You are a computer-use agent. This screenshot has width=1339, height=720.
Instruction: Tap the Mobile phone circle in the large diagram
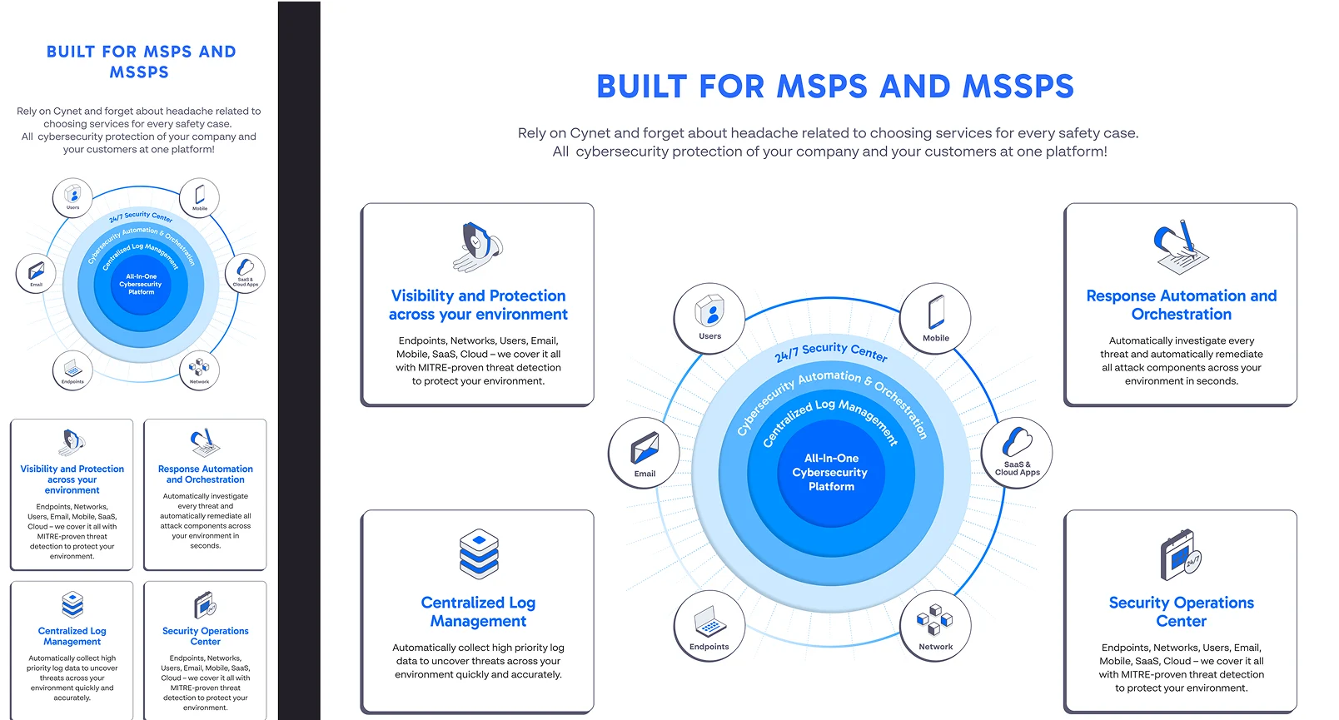click(936, 318)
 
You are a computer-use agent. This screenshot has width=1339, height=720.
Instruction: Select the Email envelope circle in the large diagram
click(644, 453)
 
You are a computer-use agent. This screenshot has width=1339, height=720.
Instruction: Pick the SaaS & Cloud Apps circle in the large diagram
click(1017, 453)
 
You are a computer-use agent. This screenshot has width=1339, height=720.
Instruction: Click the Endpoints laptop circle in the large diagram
click(709, 627)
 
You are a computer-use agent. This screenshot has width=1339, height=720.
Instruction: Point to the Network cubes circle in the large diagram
click(935, 626)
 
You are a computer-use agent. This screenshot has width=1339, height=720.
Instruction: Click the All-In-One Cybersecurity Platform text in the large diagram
click(830, 472)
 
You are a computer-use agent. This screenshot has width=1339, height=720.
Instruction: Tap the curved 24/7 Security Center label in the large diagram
click(830, 352)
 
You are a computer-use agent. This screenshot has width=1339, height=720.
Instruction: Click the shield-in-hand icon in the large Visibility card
click(478, 247)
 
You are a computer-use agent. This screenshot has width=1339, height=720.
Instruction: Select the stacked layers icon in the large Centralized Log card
click(479, 554)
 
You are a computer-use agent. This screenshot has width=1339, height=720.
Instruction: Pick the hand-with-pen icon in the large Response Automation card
click(1180, 247)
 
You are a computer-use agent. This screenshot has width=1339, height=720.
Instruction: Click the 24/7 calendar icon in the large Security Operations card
click(1180, 554)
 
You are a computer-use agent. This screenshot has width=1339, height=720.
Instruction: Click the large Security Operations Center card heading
click(1181, 612)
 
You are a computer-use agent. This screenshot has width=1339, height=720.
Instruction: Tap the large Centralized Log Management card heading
click(478, 612)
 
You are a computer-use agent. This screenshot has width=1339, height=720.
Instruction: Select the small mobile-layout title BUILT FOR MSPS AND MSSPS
click(141, 62)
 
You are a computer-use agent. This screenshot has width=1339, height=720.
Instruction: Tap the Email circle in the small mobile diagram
click(36, 274)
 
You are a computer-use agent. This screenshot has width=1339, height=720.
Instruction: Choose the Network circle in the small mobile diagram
click(199, 370)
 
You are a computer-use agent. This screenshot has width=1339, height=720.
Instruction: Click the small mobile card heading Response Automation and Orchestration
click(205, 474)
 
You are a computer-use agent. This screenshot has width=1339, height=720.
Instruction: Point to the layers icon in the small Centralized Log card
click(72, 604)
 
